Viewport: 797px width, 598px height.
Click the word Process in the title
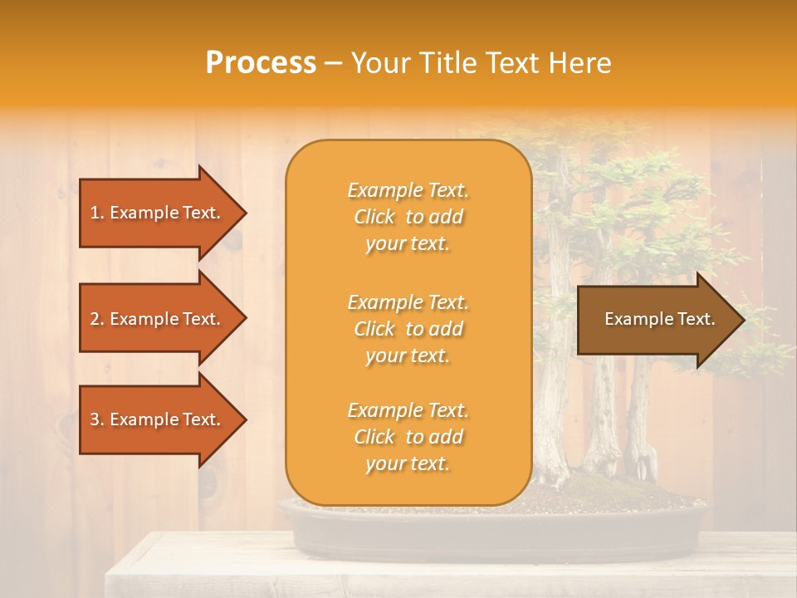pos(261,63)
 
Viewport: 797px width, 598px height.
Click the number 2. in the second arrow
pos(98,319)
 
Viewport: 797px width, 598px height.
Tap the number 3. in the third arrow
pos(98,420)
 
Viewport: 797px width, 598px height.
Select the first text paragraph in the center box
pos(408,217)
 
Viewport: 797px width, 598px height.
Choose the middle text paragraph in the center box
pos(408,329)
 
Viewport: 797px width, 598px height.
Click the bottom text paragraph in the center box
pos(408,437)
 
